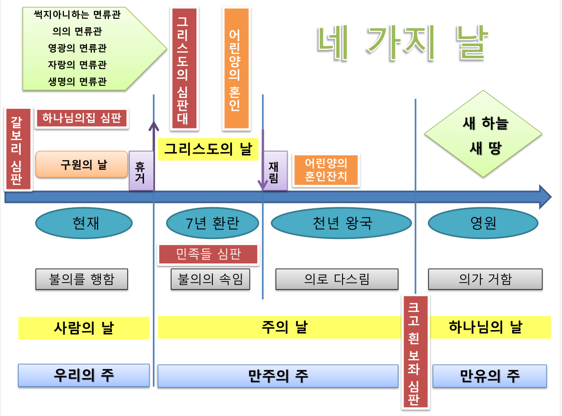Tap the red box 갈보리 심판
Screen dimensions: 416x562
click(18, 149)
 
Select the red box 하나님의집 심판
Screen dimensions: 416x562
click(82, 119)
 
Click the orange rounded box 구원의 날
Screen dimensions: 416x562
click(82, 165)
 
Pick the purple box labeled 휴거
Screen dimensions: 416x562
click(141, 171)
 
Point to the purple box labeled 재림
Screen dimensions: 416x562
click(274, 171)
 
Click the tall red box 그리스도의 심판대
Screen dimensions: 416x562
click(184, 69)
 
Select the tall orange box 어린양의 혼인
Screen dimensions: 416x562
click(235, 69)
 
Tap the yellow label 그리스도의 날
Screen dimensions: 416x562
click(208, 149)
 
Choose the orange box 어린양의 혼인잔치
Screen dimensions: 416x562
click(326, 170)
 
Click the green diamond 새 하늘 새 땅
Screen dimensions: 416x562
click(485, 136)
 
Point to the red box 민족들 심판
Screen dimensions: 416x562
click(208, 254)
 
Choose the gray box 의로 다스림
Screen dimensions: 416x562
click(337, 279)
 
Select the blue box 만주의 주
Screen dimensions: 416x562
click(278, 376)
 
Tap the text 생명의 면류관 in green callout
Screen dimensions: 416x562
click(77, 81)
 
